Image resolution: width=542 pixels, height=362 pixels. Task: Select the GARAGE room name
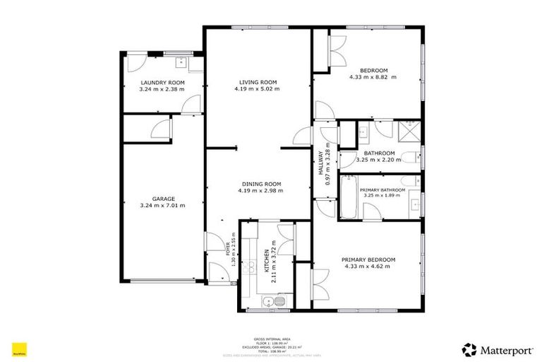(163, 199)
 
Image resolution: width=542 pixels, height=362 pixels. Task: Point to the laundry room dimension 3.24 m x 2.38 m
(162, 90)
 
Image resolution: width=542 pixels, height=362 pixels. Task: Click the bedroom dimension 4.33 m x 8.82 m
(373, 77)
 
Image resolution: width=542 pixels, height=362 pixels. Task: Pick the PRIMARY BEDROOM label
(369, 259)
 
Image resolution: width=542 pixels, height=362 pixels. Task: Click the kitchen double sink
(272, 303)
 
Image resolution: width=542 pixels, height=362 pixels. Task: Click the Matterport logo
(493, 349)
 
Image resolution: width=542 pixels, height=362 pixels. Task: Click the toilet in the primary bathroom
(414, 205)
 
